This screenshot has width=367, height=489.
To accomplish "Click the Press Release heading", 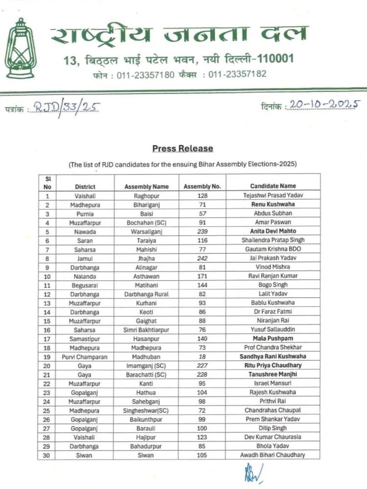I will pyautogui.click(x=183, y=149).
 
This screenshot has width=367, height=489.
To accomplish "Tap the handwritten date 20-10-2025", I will pyautogui.click(x=324, y=104).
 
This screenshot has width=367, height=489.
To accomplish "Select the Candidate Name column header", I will pyautogui.click(x=273, y=186).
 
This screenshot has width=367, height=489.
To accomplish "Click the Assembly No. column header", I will pyautogui.click(x=202, y=186).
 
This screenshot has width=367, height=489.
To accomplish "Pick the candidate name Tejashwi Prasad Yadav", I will pyautogui.click(x=273, y=196).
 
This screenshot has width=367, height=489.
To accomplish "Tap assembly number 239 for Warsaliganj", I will pyautogui.click(x=202, y=231).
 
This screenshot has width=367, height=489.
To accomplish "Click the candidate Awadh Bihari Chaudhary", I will pyautogui.click(x=273, y=455).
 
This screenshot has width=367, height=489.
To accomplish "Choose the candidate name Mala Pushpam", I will pyautogui.click(x=273, y=338).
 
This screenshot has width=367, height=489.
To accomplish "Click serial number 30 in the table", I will pyautogui.click(x=47, y=455).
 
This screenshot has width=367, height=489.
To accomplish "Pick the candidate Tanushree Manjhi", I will pyautogui.click(x=273, y=375).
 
